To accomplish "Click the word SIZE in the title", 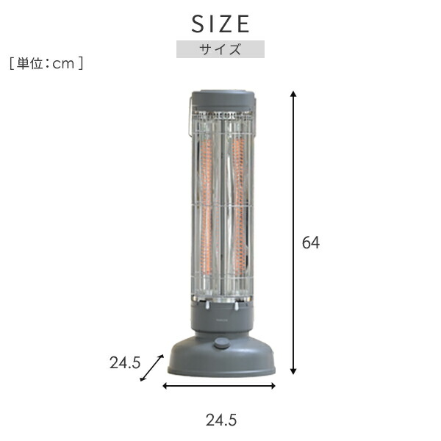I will (x=220, y=24).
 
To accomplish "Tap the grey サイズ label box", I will (x=220, y=50).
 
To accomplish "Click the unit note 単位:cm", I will (x=46, y=64).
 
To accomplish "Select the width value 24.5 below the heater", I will (x=220, y=420).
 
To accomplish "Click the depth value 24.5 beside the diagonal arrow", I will (x=125, y=362).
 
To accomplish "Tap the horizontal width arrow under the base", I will (x=219, y=384).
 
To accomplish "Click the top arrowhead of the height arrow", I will (x=293, y=94).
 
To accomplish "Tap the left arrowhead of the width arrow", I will (x=167, y=384).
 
